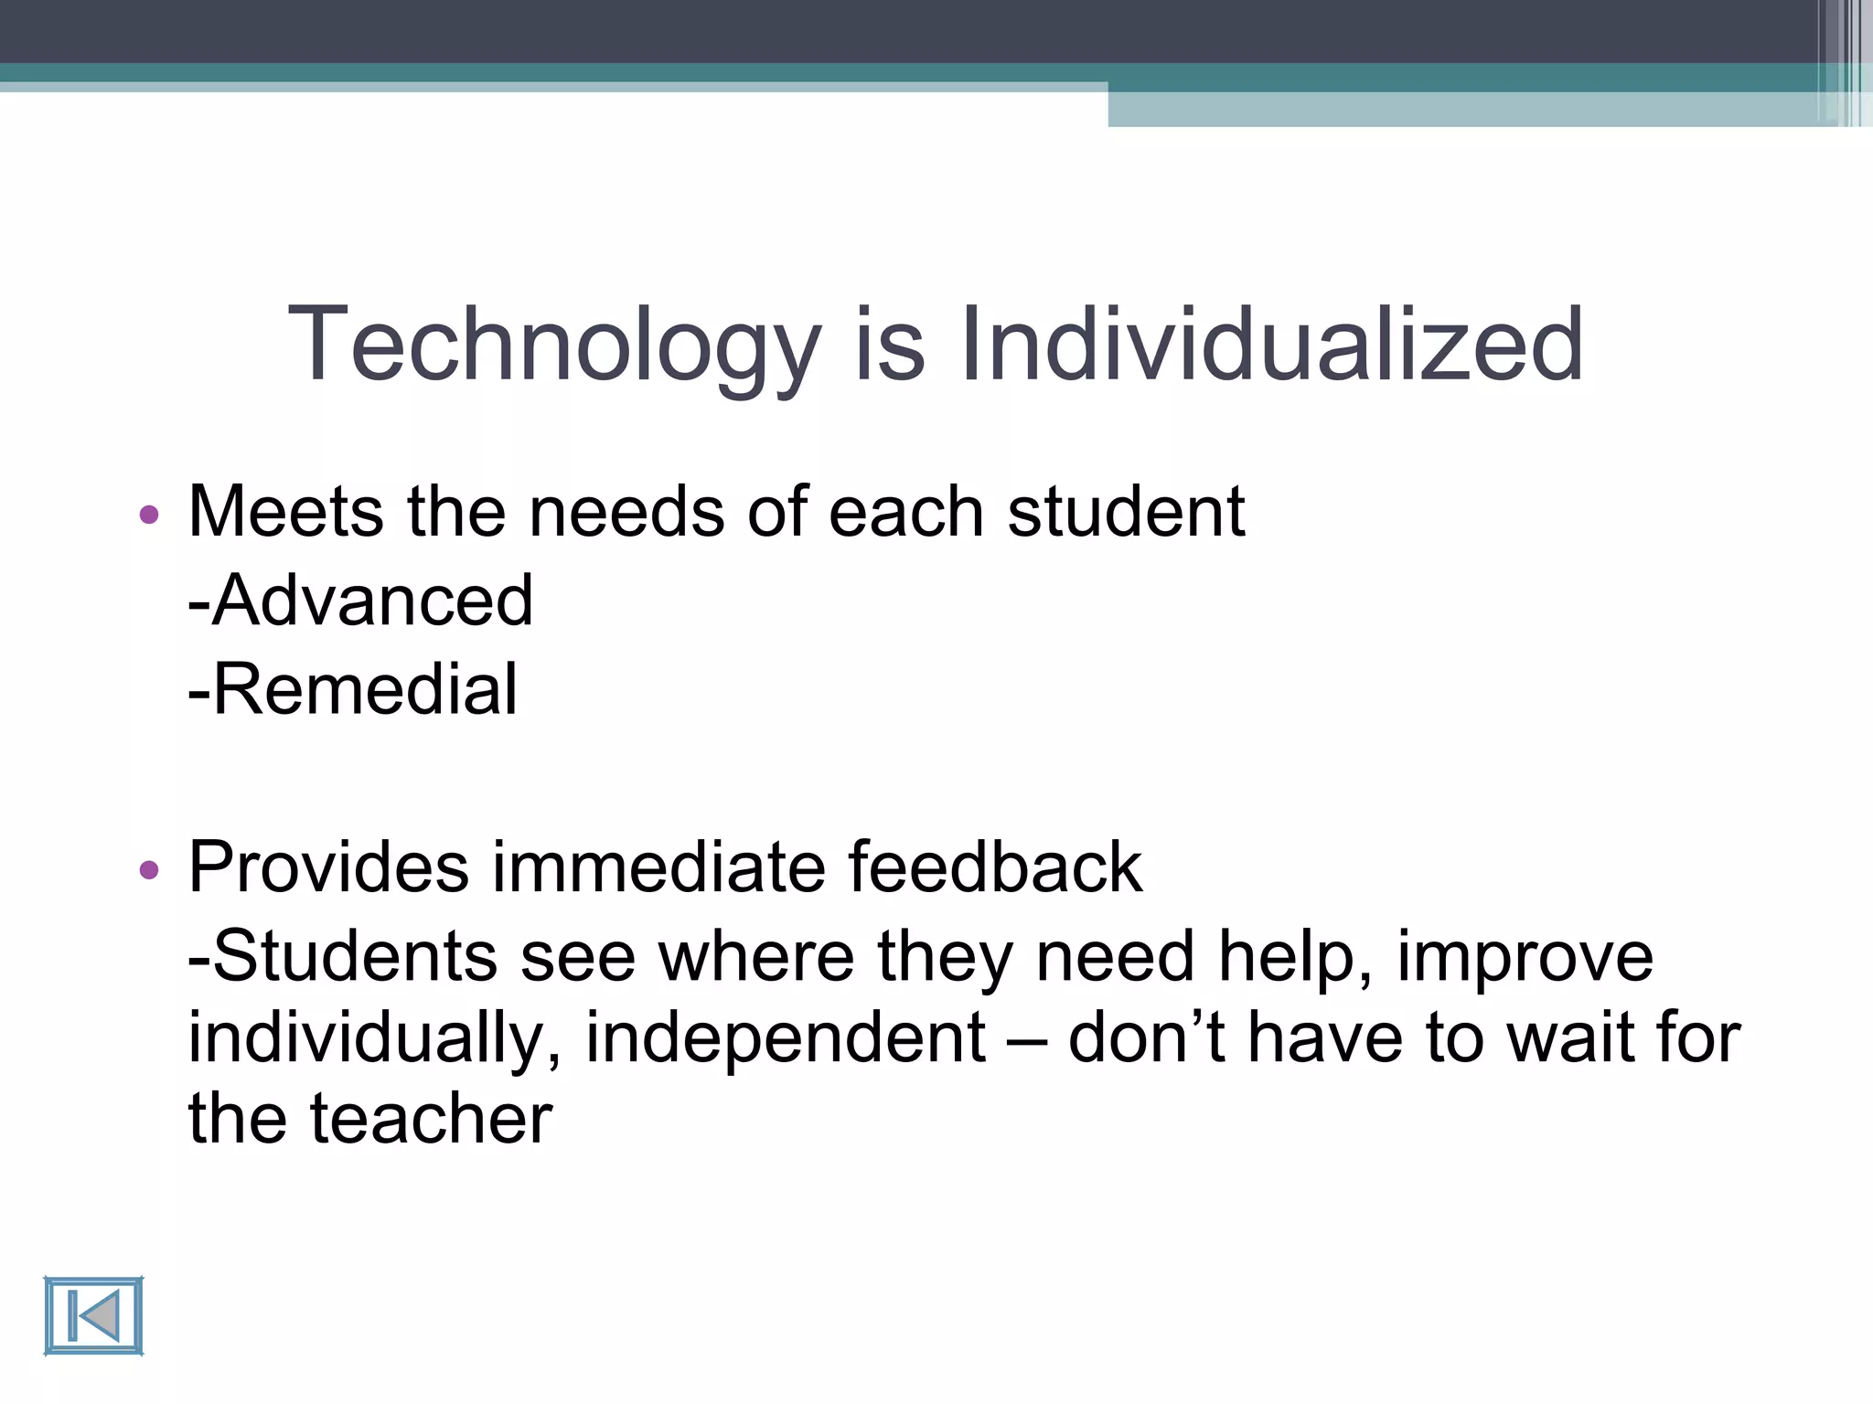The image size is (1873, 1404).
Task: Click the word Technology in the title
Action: pos(554,346)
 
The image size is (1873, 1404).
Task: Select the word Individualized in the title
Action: pos(1271,346)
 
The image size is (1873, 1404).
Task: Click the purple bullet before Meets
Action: pos(149,515)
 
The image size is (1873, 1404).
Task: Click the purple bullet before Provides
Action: pos(149,869)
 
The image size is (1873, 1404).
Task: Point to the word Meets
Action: pos(285,512)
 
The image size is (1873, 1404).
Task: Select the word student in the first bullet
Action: pos(1126,512)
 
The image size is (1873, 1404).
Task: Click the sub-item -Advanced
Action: pos(360,601)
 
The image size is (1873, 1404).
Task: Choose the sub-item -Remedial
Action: pos(353,689)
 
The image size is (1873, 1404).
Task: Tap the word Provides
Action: pos(327,867)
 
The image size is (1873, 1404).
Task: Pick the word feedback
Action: pos(994,867)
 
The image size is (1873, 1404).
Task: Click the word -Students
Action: pos(342,956)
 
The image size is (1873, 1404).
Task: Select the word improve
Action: pos(1525,956)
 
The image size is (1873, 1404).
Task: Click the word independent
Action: pos(785,1037)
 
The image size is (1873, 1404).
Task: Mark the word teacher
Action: pos(431,1118)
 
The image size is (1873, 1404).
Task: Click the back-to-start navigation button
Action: pos(93,1316)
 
